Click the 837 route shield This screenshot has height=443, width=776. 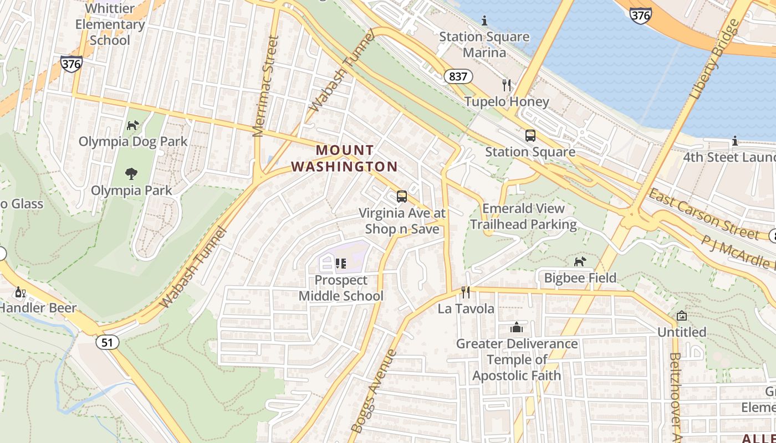[458, 76]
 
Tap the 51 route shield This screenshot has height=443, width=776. [107, 343]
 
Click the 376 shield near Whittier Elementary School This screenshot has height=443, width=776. [72, 64]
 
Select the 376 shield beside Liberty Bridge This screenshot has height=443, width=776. [640, 16]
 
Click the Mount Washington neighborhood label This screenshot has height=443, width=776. [344, 158]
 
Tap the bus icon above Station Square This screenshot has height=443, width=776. [530, 136]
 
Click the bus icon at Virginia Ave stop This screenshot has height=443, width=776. [402, 197]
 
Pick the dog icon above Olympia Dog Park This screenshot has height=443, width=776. [132, 126]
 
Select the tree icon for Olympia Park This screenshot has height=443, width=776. [131, 174]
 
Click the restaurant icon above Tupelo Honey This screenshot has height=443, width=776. [506, 85]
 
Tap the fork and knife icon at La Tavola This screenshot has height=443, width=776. [466, 292]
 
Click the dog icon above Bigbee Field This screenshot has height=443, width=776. [580, 261]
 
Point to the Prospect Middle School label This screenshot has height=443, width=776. [340, 288]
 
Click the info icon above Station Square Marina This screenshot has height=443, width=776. [484, 21]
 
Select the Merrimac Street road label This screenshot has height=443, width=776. [266, 86]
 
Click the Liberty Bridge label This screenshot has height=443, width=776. [716, 59]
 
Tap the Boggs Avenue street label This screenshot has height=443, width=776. [374, 390]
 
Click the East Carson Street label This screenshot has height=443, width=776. [703, 214]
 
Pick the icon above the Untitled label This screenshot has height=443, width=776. [682, 316]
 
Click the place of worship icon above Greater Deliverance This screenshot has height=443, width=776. [517, 327]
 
